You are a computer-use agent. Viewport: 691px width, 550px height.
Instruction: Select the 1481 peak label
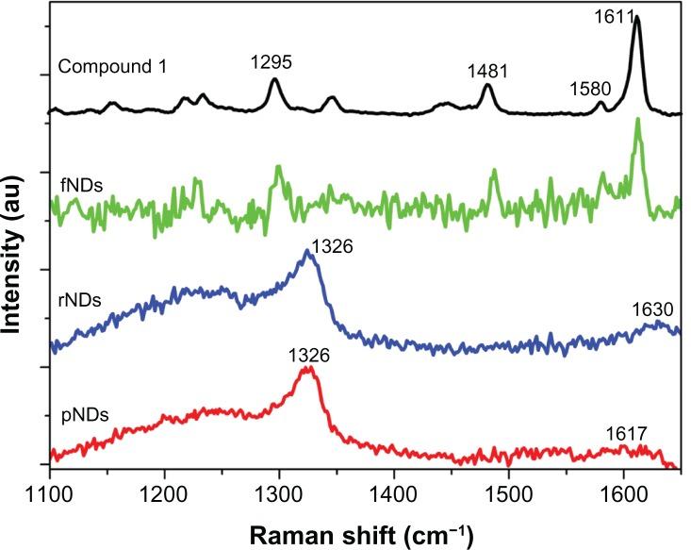click(486, 72)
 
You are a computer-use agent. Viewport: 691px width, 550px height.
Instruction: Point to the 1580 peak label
click(592, 90)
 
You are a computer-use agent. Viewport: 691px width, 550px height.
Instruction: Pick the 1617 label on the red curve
click(626, 434)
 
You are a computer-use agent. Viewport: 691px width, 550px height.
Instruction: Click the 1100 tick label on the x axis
click(50, 492)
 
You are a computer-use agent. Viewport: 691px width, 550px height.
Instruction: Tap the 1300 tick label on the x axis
click(279, 492)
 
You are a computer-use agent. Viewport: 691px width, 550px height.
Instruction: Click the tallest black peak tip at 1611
click(636, 17)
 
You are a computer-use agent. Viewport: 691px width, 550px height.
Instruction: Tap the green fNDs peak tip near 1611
click(638, 120)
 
